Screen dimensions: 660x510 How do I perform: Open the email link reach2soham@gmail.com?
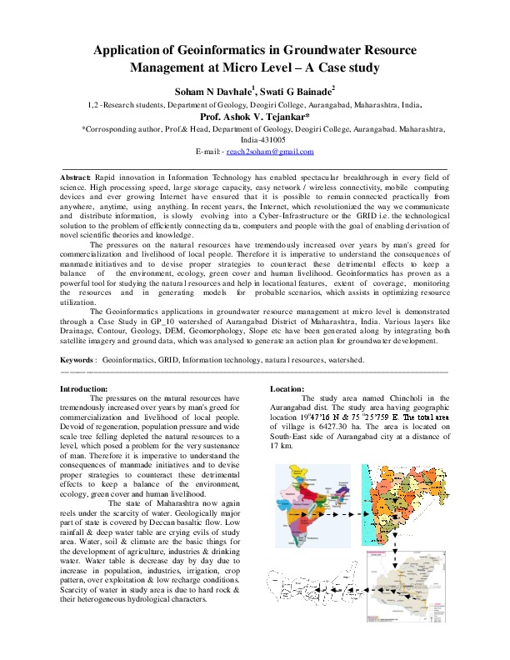click(276, 152)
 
